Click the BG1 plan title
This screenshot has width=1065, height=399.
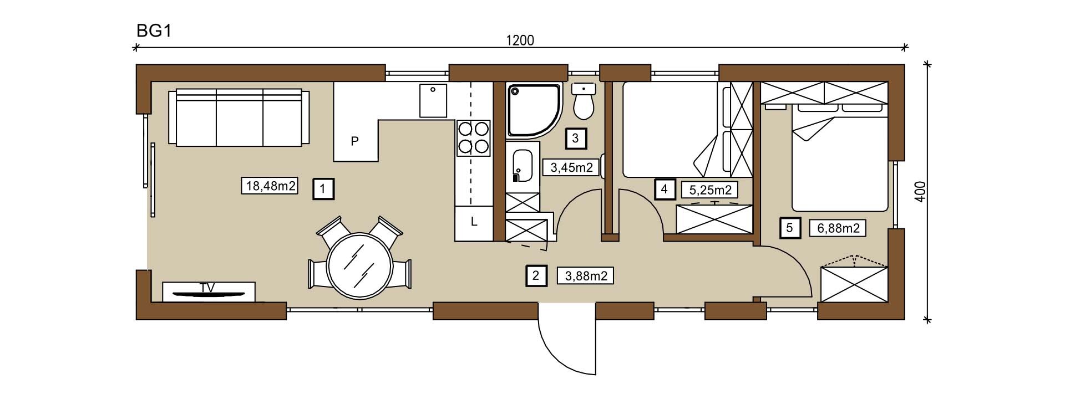click(153, 31)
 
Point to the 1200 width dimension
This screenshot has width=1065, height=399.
click(520, 40)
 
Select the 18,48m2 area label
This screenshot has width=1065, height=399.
click(270, 186)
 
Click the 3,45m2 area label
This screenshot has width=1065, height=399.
click(571, 167)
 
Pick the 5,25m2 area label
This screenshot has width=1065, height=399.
click(709, 190)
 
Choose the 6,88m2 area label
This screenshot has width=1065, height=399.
click(838, 228)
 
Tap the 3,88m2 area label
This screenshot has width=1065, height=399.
click(585, 275)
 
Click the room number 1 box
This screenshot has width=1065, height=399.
click(323, 190)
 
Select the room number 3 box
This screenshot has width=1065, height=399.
click(575, 138)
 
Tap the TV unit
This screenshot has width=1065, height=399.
click(209, 292)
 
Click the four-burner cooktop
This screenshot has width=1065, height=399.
click(474, 138)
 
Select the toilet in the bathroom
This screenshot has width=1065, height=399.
click(583, 101)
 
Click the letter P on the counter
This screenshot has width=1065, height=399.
click(355, 141)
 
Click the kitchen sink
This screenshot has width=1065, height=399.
click(433, 100)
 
